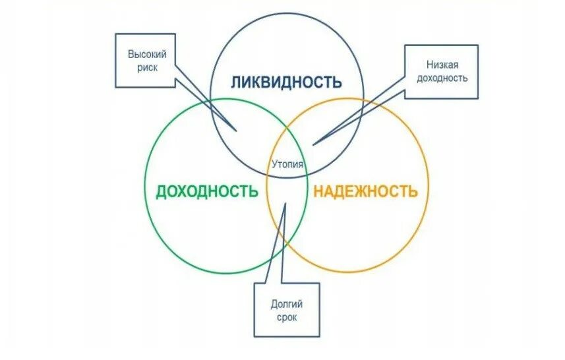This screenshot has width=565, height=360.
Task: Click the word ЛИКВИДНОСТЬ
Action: pos(286,82)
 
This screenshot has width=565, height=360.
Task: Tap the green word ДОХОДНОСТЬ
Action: pos(206,191)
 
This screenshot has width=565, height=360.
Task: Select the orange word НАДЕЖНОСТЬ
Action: pos(365,191)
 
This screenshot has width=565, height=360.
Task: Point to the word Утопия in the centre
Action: pos(287,164)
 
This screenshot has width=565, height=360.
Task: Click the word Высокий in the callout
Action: pos(144,55)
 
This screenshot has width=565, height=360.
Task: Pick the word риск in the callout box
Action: pos(145,68)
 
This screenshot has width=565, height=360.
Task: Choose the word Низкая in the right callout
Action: pos(442,65)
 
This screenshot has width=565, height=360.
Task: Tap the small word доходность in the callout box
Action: pos(442,78)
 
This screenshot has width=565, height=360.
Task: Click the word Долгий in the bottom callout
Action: pos(287,304)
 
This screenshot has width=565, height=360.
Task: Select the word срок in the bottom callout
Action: pos(287,317)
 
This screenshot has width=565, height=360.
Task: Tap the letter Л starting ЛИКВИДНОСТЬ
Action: pos(236,82)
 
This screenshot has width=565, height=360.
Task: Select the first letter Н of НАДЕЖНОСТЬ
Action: pos(318,191)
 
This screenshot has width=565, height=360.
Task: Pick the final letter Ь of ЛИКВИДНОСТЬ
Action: pos(337,82)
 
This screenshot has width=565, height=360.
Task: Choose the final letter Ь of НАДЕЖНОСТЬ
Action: pos(413,191)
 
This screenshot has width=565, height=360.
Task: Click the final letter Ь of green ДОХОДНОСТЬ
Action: pos(253,191)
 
